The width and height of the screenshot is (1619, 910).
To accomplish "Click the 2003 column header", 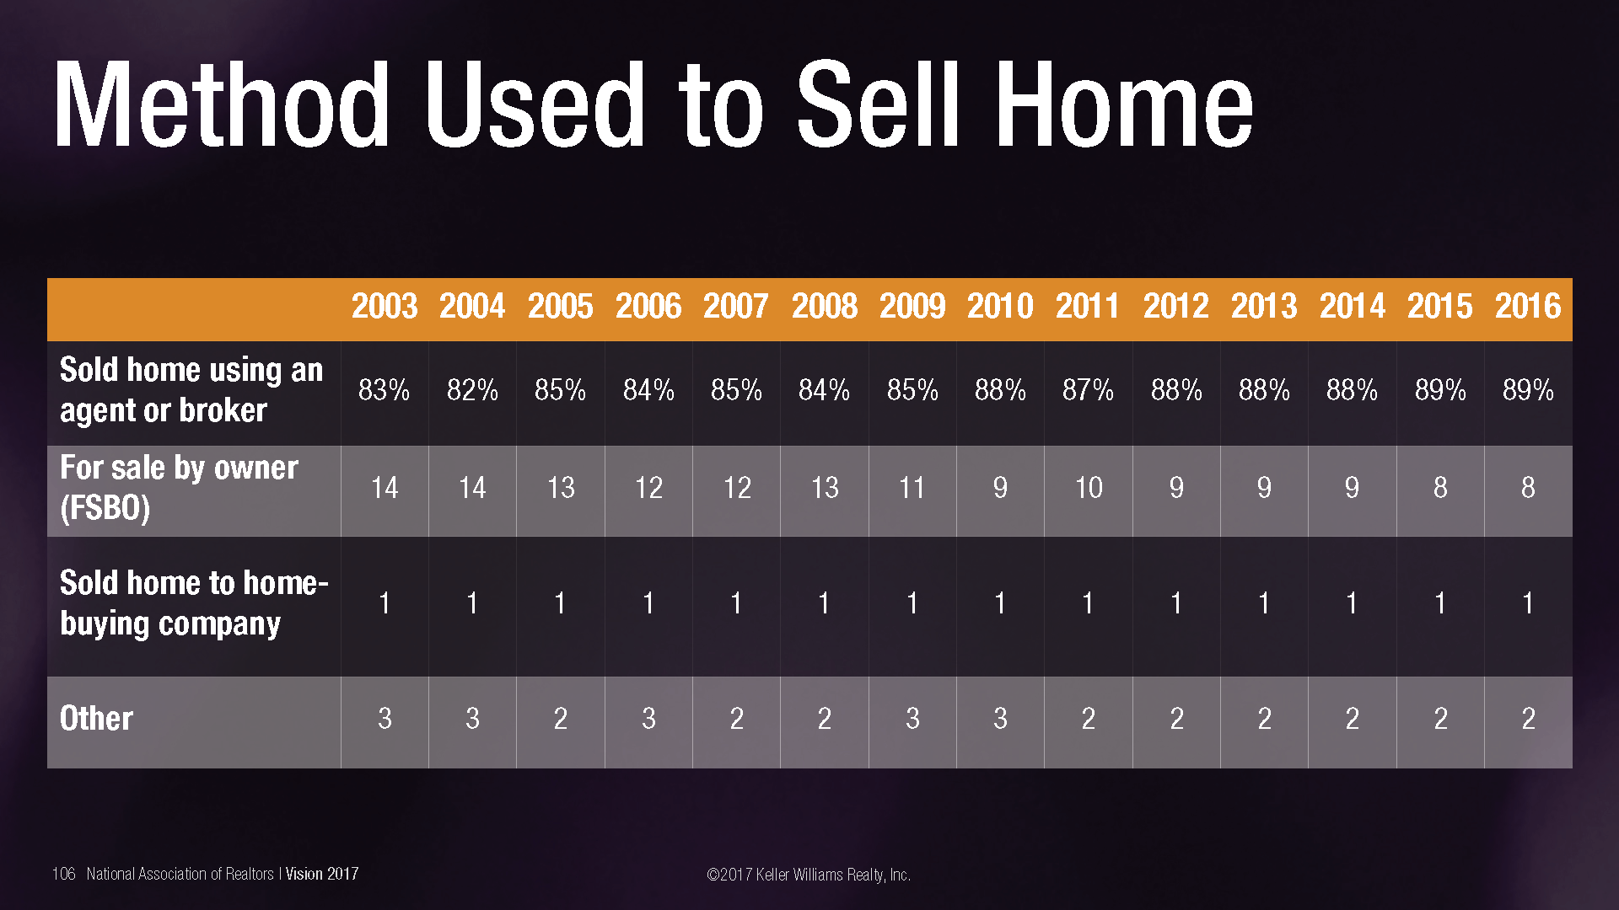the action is tap(385, 307).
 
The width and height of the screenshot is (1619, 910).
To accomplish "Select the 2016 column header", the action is tap(1528, 307).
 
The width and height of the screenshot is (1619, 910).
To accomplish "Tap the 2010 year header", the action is tap(1000, 307).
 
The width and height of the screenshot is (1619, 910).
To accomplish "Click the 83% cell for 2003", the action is tap(385, 390).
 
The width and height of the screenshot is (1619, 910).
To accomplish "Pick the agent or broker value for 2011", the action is tap(1088, 390).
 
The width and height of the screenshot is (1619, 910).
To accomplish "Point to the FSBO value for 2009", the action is tap(912, 488).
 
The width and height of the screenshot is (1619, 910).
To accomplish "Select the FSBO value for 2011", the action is tap(1088, 488).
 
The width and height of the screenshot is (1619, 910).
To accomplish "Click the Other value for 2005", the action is tap(561, 719).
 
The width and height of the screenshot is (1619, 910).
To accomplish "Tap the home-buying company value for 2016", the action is tap(1528, 603).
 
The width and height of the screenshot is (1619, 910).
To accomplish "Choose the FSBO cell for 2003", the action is tap(385, 488).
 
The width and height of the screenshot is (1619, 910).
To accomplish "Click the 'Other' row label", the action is tap(96, 719).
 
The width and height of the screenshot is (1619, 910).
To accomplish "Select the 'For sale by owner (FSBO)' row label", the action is tap(179, 488).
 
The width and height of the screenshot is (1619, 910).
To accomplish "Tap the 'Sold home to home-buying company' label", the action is tap(194, 603).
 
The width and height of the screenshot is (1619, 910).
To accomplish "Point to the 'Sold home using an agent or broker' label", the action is tap(191, 390).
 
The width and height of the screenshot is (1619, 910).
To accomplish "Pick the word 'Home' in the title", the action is tap(1124, 105).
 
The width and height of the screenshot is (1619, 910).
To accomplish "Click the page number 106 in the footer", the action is tap(63, 874).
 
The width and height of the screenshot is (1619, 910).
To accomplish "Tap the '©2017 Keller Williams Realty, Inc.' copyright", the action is tap(809, 875).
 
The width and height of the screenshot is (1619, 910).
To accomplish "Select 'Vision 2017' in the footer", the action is tap(322, 874).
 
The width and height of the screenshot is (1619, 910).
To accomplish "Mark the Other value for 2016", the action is tap(1528, 719).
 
